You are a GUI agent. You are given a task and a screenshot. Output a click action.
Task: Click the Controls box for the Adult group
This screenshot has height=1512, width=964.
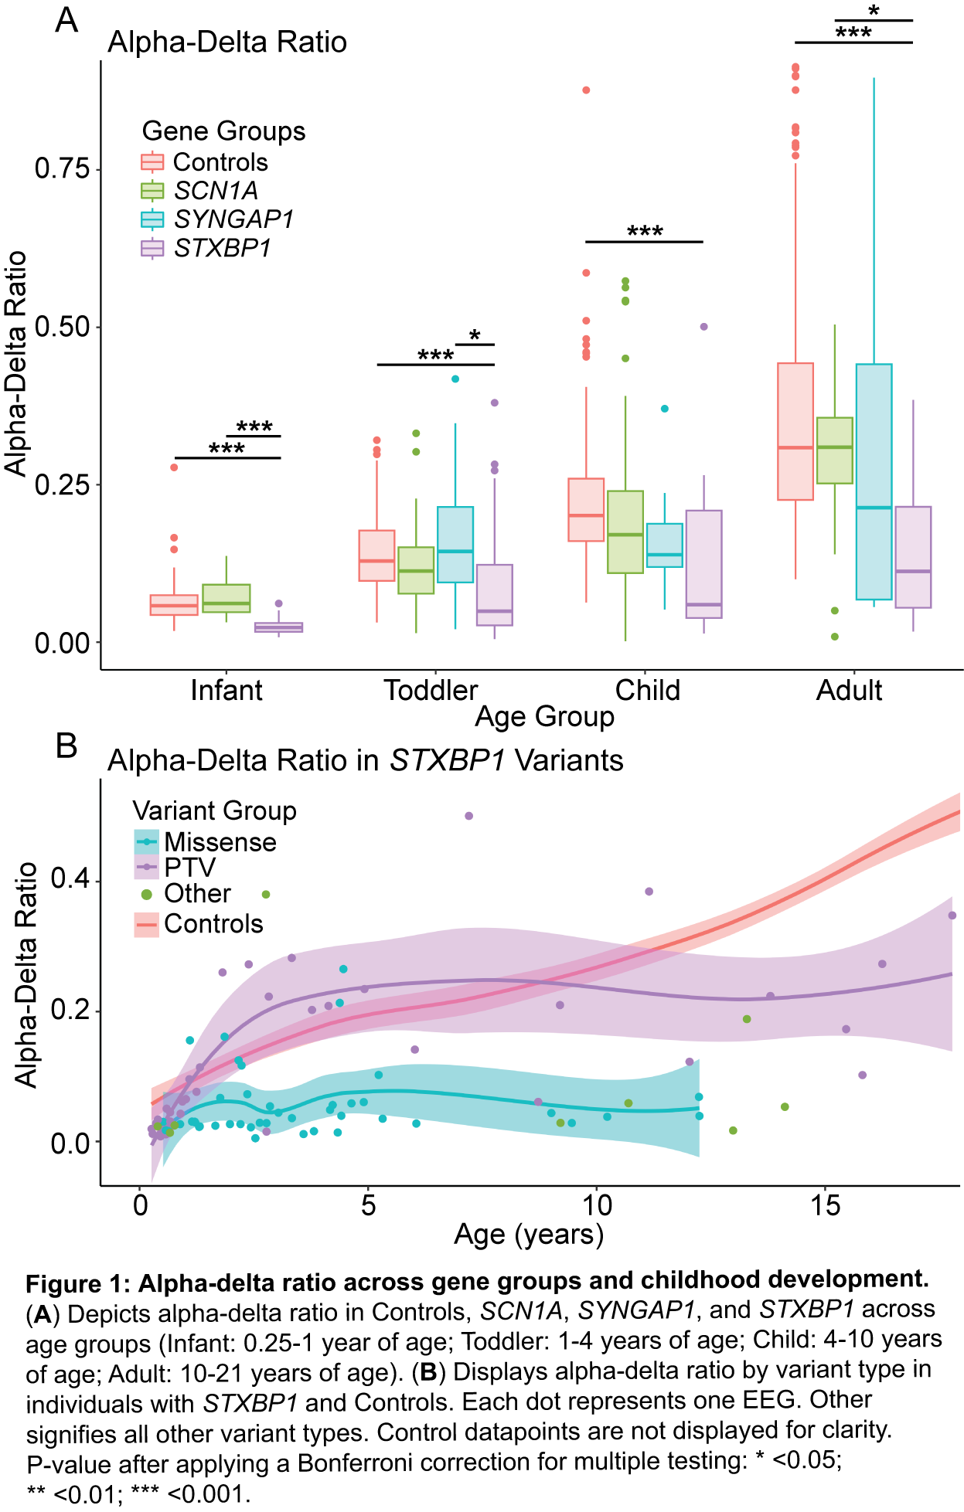point(795,431)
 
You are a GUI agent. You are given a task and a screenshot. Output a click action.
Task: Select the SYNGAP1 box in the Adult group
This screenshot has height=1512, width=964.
point(874,481)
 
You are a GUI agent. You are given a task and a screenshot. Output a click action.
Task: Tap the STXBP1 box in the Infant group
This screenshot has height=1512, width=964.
point(278,627)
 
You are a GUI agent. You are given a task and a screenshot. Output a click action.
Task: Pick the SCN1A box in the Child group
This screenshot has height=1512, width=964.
point(625,532)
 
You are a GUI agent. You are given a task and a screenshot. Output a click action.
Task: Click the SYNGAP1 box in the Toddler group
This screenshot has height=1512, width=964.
point(455,544)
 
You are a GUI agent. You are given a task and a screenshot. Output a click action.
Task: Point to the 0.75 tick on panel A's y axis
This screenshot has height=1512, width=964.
point(62,168)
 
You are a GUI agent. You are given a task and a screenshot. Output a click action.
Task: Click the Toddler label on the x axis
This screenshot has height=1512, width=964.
point(431,690)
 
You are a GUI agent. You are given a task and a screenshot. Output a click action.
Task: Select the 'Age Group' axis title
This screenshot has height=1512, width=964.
point(544,717)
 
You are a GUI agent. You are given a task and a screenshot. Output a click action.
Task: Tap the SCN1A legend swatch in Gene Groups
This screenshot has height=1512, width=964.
point(152,191)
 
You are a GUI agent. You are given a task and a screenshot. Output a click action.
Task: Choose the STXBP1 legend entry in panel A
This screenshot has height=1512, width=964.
point(222,248)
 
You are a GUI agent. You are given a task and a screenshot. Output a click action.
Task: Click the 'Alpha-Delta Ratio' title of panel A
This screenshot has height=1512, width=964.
point(227,42)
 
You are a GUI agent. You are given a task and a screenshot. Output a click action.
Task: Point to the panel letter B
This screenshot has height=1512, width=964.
point(66,746)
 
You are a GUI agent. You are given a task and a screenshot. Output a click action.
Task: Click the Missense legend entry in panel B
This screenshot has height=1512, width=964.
point(220,841)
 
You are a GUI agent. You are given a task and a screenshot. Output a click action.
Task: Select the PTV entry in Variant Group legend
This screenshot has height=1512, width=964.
point(189,868)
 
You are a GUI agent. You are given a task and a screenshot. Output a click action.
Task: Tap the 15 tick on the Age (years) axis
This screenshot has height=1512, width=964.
point(825,1205)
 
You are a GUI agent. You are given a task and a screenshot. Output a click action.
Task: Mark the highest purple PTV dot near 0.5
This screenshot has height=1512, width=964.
point(468,816)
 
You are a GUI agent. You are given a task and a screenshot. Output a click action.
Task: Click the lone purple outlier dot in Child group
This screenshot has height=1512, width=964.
point(703,327)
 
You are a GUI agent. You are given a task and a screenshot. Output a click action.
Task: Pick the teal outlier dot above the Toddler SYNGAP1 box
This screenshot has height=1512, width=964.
point(455,379)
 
